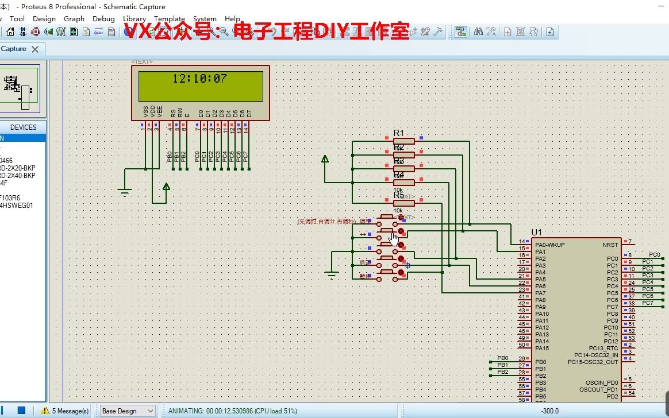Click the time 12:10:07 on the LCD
pos(199,79)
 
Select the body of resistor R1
pos(403,141)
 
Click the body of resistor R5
pos(403,203)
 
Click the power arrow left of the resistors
pos(325,159)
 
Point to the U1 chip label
pos(537,232)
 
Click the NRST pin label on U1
pos(610,245)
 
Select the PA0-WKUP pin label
pos(549,245)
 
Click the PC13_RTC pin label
pos(603,349)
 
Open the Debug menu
pos(103,18)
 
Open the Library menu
pos(134,18)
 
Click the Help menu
pos(232,18)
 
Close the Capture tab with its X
pos(35,49)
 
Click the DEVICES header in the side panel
pos(23,127)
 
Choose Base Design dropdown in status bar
pos(128,411)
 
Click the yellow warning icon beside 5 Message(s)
pos(45,411)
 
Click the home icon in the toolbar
pos(10,32)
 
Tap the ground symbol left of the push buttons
pos(331,275)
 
